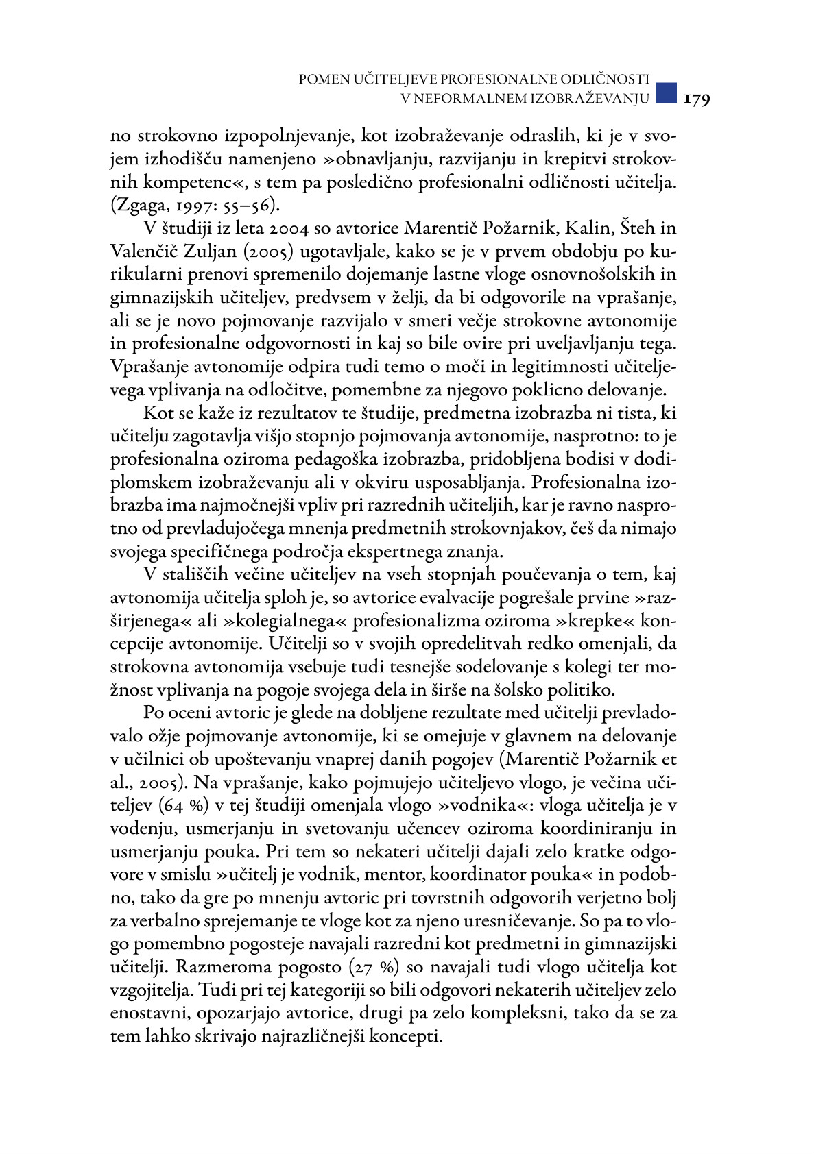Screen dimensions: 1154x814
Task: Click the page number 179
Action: (x=697, y=99)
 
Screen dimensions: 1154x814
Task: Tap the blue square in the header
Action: (x=666, y=93)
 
